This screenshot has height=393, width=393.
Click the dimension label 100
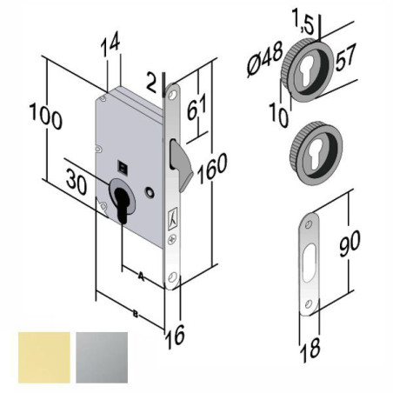tap(46, 117)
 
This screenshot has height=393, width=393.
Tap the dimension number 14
tap(110, 45)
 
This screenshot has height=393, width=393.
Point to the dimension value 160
tap(212, 169)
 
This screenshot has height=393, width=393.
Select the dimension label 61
tap(197, 106)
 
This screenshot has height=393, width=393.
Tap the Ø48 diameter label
tap(264, 60)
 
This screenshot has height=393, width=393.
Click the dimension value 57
tap(345, 57)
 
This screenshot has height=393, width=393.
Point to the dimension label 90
tap(350, 243)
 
